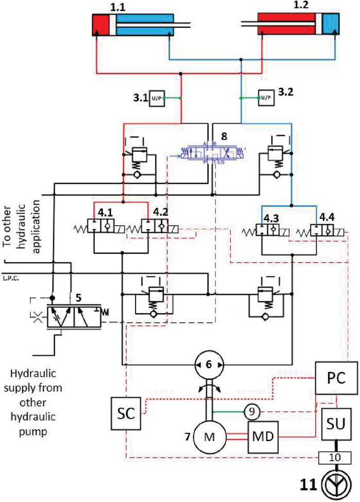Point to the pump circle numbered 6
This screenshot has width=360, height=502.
click(x=208, y=364)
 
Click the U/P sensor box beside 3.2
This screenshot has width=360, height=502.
click(x=265, y=98)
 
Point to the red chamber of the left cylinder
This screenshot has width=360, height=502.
click(x=101, y=24)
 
